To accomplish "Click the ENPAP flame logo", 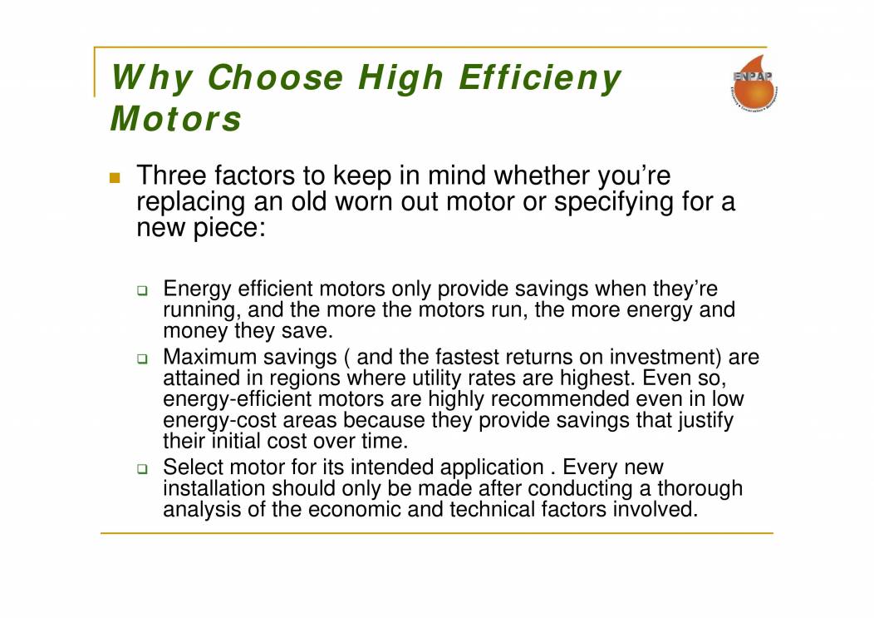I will point(752,87).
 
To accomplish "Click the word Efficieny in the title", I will point(540,78).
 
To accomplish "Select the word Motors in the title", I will point(175,118).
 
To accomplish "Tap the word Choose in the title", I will point(275,78).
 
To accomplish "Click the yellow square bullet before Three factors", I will point(115,178).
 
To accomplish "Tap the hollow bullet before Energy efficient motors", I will point(142,291).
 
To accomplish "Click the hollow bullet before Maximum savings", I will point(142,359).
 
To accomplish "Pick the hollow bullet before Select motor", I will point(142,469).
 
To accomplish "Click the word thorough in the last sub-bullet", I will point(696,489).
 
